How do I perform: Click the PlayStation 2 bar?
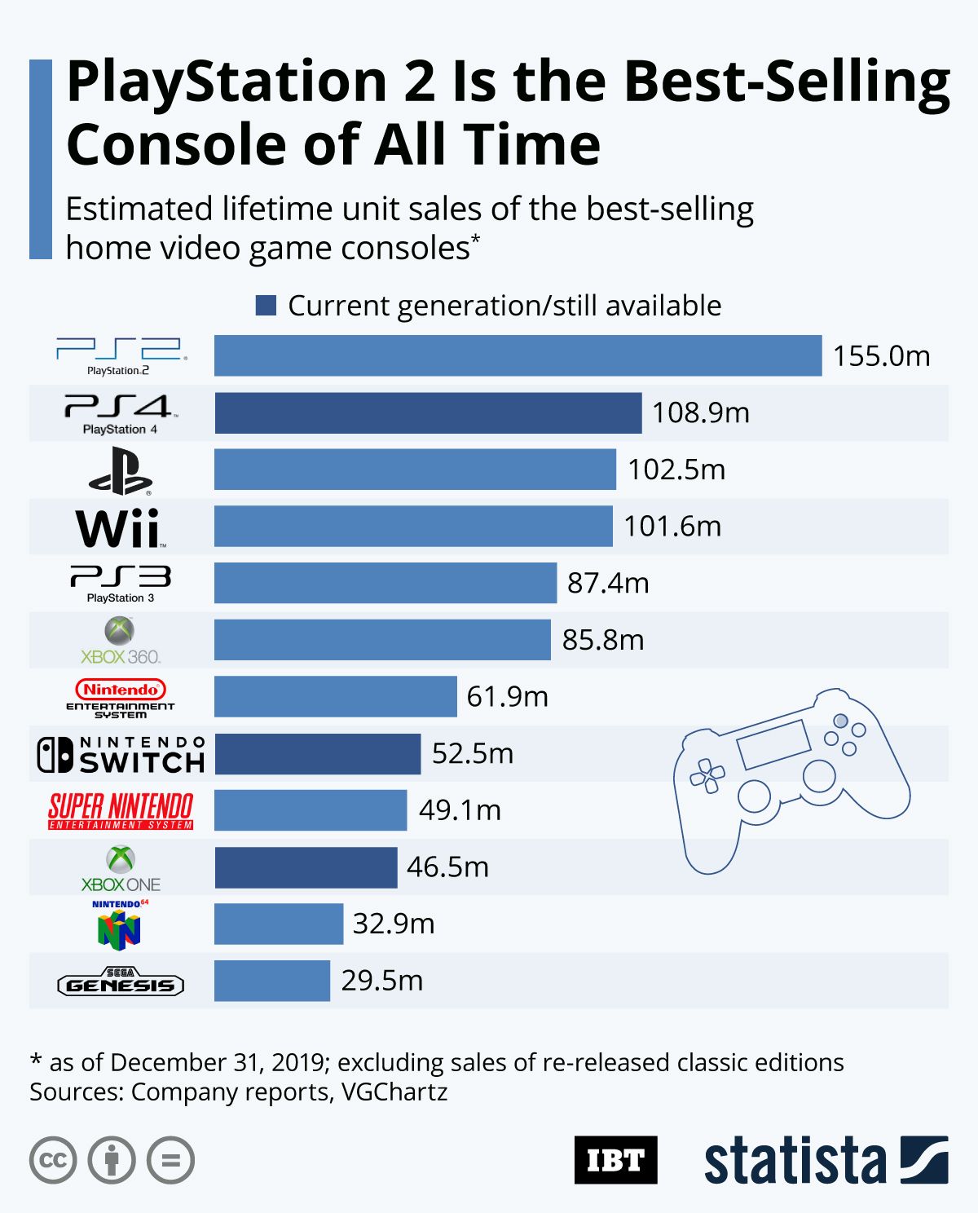(518, 355)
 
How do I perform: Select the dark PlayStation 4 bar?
(428, 412)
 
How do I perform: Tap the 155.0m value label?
(881, 356)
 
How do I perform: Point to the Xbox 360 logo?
(121, 641)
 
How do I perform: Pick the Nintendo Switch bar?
(318, 753)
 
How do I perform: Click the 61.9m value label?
(507, 697)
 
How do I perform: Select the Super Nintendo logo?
(121, 810)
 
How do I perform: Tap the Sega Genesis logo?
(121, 982)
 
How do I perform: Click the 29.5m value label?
(381, 981)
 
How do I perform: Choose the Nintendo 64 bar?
(279, 924)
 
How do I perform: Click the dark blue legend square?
(266, 306)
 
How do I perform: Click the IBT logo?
(615, 1159)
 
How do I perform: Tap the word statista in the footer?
(795, 1161)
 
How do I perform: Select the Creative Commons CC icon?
(53, 1160)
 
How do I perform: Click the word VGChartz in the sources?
(394, 1092)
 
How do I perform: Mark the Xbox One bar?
(306, 867)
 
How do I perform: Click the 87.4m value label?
(608, 584)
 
